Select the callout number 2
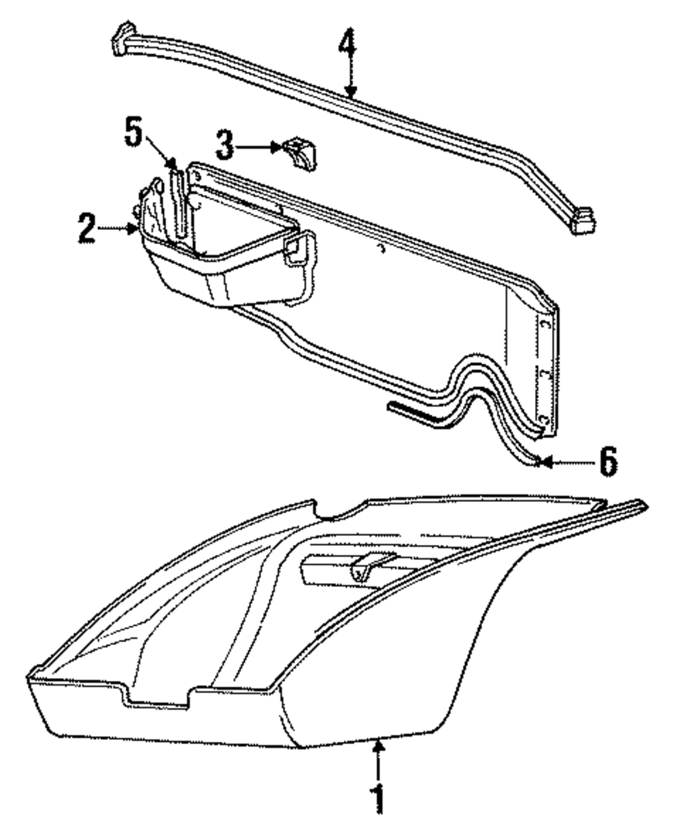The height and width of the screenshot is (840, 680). click(86, 229)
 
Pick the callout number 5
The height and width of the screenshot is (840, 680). click(135, 132)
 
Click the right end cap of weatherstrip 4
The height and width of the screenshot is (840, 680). click(583, 220)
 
